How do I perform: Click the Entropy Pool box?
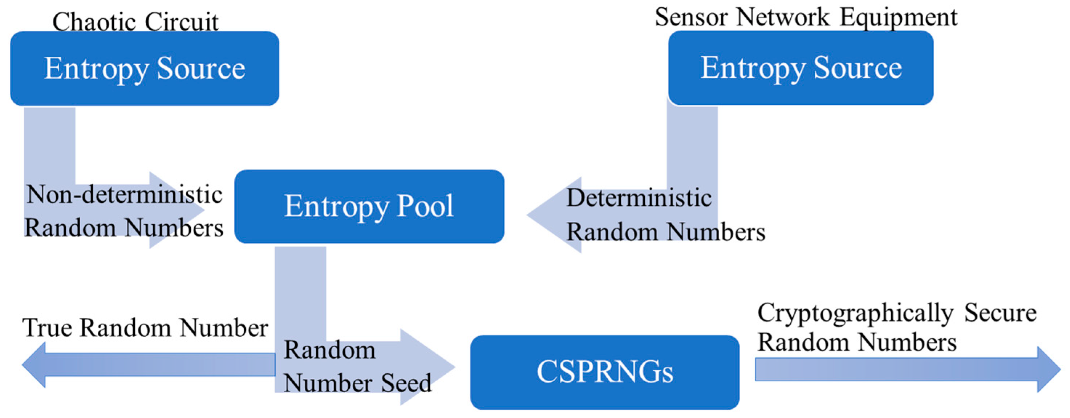pos(369,206)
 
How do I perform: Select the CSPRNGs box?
pos(604,372)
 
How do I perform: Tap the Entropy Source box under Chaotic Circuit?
pos(144,69)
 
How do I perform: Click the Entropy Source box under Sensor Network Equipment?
pos(801,68)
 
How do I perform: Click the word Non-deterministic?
pos(124,194)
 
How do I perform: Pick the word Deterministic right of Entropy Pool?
pos(639,198)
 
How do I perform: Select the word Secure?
pos(1000,313)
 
